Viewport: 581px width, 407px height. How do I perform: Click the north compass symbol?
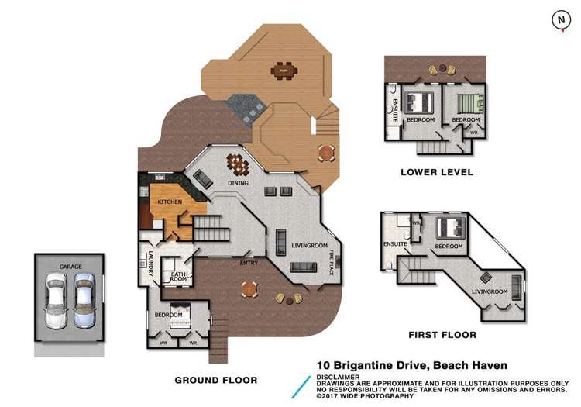(559, 21)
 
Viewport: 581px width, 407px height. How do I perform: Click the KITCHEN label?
(170, 202)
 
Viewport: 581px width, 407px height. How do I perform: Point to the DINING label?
(238, 183)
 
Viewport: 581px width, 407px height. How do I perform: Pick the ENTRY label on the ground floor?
(249, 263)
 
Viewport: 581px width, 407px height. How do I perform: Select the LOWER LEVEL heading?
(436, 172)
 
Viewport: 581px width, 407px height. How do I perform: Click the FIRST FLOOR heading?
(442, 336)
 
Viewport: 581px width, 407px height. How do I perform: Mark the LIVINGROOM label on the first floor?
(490, 291)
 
